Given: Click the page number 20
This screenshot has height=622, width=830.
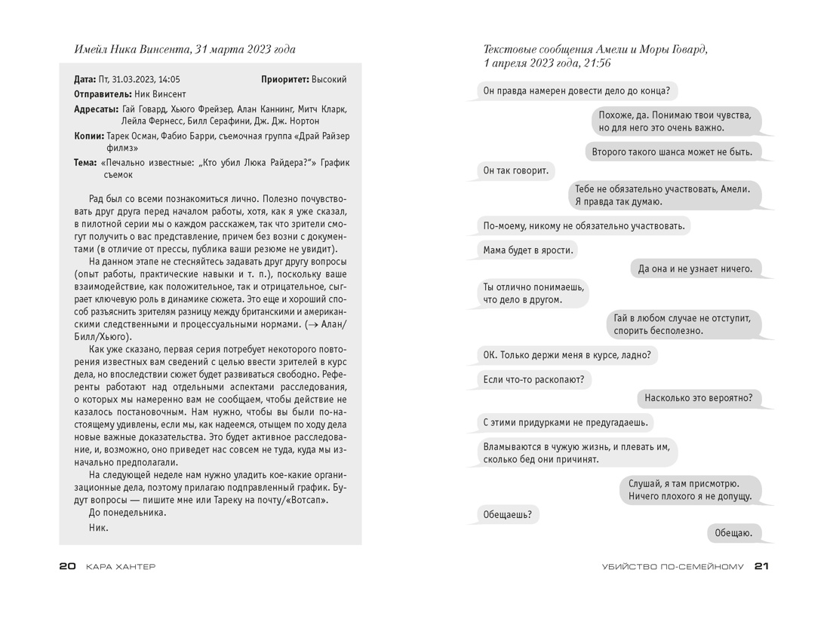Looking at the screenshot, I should [x=67, y=566].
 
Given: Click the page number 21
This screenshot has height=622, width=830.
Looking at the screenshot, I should [x=761, y=566].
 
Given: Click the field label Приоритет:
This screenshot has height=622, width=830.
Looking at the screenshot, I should [x=285, y=79].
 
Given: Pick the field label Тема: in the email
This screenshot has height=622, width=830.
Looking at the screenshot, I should [x=85, y=162].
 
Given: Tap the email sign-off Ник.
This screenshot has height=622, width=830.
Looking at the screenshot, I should [x=99, y=527].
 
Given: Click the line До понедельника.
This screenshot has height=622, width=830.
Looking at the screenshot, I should [x=127, y=512].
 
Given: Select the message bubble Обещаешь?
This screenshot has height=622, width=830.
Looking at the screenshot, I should [x=507, y=516].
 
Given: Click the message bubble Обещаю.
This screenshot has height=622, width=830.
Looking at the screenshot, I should [x=733, y=533].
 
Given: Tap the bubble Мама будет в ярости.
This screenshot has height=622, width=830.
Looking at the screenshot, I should [x=528, y=250].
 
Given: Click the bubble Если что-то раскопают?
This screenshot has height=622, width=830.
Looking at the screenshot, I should [x=534, y=380].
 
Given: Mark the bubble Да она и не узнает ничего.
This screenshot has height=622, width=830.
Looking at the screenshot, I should [x=695, y=268].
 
